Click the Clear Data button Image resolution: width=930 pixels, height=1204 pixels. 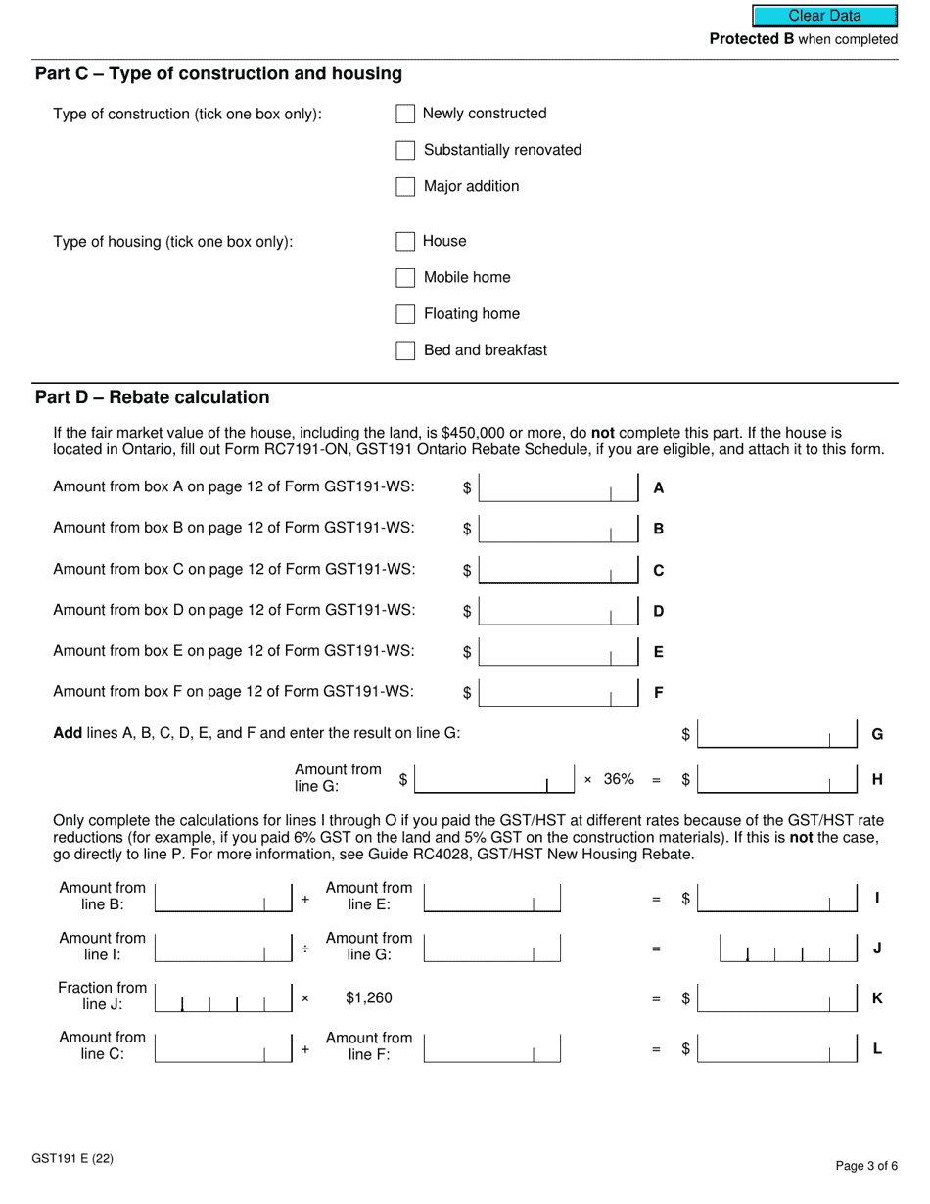(824, 16)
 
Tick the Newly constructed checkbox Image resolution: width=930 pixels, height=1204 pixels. (405, 115)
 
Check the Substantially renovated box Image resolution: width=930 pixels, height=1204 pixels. (405, 151)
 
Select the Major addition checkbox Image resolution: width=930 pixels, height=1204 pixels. (405, 187)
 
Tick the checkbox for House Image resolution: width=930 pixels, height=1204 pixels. (405, 242)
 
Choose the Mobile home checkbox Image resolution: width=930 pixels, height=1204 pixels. (405, 278)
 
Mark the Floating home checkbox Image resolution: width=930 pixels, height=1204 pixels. (405, 314)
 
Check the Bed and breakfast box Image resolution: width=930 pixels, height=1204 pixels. (405, 350)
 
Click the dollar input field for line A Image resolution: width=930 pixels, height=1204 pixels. (558, 487)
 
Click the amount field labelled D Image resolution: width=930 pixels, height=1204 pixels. (558, 611)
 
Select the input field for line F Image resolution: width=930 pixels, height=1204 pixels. (558, 693)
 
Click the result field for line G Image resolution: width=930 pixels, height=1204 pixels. (777, 734)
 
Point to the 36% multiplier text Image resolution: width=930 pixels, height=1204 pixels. (619, 780)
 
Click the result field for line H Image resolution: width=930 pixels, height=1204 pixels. (777, 780)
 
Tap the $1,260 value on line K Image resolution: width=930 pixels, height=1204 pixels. (369, 998)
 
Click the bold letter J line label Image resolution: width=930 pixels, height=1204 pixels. (878, 949)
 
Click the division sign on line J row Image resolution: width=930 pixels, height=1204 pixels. (305, 949)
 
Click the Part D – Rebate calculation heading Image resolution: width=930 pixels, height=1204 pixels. (152, 397)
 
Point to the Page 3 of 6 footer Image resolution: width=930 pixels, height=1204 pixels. (866, 1165)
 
